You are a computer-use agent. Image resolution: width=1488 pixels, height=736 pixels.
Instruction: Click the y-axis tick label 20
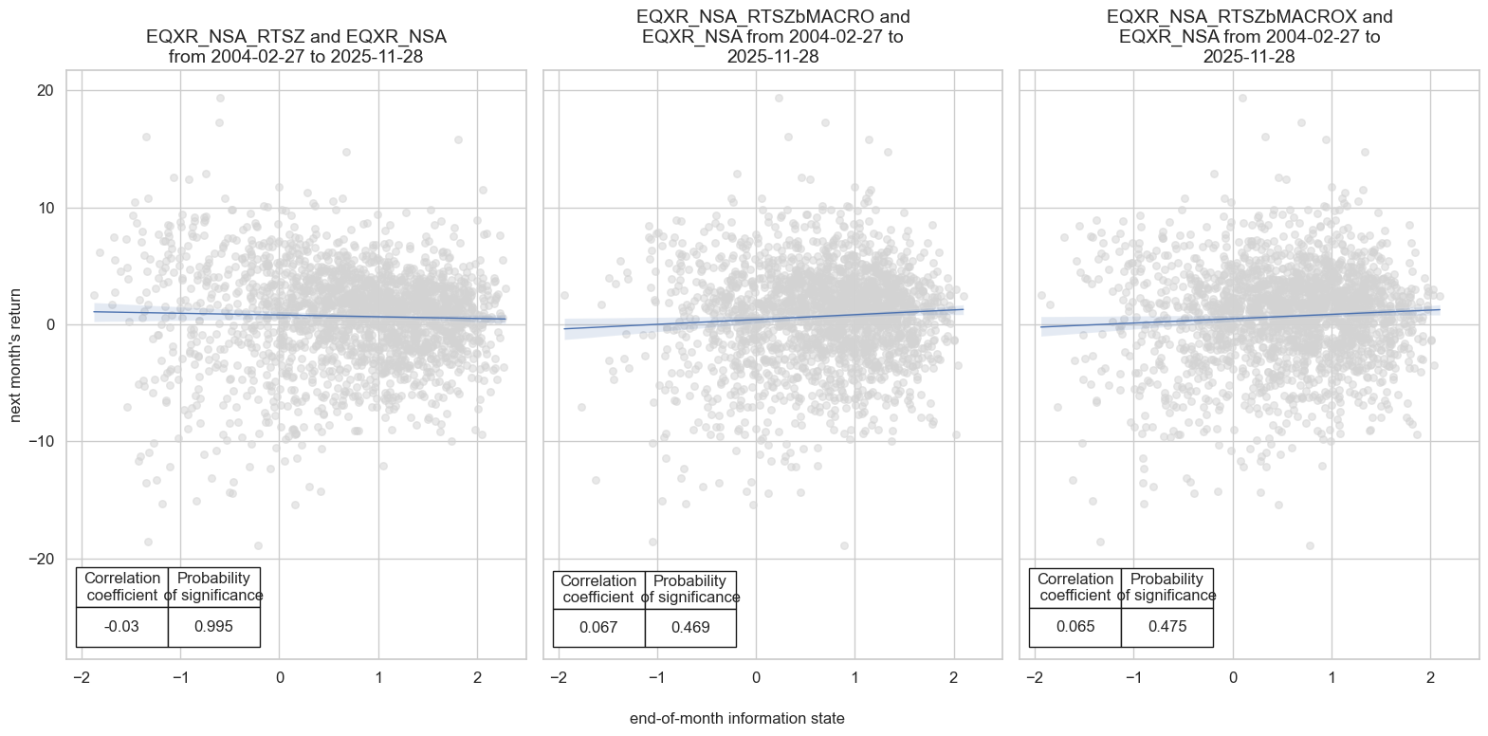pyautogui.click(x=46, y=91)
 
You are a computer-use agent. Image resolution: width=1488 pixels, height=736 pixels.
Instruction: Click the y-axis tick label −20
pyautogui.click(x=41, y=559)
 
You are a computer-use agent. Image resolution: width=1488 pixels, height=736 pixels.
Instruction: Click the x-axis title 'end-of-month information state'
pyautogui.click(x=737, y=718)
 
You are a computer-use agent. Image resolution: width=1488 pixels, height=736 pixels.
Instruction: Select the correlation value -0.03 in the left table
pyautogui.click(x=121, y=626)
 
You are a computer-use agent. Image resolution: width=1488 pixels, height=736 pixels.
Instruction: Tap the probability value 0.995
pyautogui.click(x=213, y=626)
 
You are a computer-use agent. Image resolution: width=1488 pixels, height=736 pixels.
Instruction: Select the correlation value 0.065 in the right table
pyautogui.click(x=1075, y=626)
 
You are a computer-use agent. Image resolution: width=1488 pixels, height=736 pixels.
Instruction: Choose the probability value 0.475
pyautogui.click(x=1167, y=626)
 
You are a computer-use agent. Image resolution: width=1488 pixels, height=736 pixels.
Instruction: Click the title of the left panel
pyautogui.click(x=296, y=46)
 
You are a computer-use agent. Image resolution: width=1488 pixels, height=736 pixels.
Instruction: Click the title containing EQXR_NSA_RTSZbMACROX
pyautogui.click(x=1249, y=37)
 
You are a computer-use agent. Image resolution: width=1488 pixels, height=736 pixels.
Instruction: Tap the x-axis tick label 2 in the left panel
pyautogui.click(x=477, y=677)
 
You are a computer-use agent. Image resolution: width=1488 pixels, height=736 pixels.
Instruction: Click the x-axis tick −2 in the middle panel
pyautogui.click(x=558, y=677)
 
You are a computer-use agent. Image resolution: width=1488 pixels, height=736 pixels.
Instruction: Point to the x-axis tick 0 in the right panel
pyautogui.click(x=1233, y=677)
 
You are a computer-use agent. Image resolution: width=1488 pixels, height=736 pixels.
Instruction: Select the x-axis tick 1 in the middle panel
pyautogui.click(x=854, y=677)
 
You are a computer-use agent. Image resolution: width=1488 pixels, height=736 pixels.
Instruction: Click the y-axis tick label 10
pyautogui.click(x=46, y=208)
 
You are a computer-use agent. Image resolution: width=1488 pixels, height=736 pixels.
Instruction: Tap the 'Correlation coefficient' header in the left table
pyautogui.click(x=121, y=586)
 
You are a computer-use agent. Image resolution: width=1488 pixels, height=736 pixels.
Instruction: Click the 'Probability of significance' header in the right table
pyautogui.click(x=1167, y=587)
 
